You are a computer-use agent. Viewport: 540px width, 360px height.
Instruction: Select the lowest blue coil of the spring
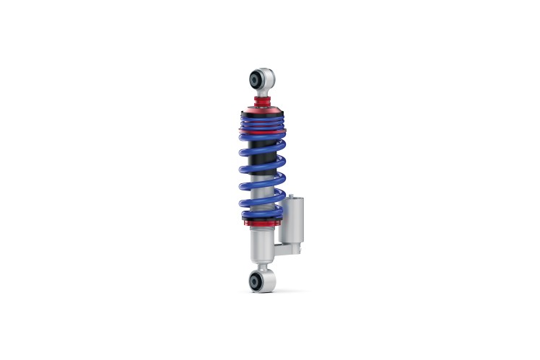(x=260, y=216)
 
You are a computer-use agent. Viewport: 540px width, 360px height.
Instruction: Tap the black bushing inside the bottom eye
(x=256, y=281)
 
